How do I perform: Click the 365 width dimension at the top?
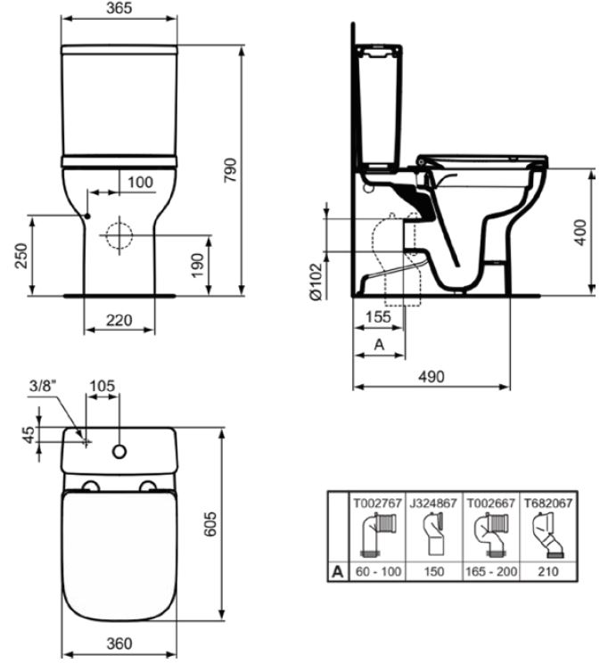119,8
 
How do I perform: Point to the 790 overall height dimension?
231,170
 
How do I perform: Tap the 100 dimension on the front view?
140,183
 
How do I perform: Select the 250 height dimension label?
21,256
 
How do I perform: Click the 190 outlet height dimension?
198,266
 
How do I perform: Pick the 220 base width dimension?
119,320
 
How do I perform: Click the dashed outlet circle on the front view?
119,235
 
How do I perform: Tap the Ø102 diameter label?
316,282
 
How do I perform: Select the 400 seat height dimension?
580,232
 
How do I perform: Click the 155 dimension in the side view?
378,316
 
